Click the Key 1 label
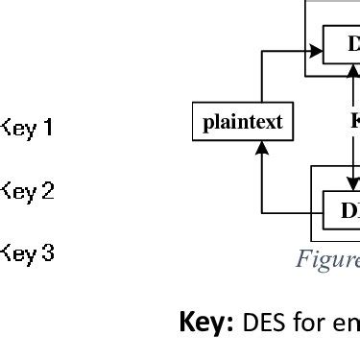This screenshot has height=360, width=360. [x=27, y=127]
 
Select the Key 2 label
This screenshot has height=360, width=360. [x=27, y=191]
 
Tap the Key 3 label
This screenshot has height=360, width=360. [x=27, y=254]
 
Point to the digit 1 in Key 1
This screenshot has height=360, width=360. [x=48, y=127]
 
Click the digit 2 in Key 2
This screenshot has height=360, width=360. [x=48, y=191]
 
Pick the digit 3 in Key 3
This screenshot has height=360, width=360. [x=48, y=254]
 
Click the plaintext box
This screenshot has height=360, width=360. [x=243, y=122]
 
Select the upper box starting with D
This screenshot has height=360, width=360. [x=342, y=44]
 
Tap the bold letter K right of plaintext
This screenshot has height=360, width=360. [x=354, y=121]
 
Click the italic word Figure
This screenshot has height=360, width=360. [x=327, y=259]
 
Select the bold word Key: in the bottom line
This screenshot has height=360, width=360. [x=207, y=322]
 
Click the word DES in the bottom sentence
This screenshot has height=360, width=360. [x=263, y=322]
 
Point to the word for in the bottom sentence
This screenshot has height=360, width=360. [x=309, y=322]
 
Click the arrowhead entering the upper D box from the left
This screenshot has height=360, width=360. [x=316, y=52]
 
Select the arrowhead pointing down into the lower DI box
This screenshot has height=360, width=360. [x=352, y=185]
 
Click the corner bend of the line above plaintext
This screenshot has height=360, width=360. [x=262, y=52]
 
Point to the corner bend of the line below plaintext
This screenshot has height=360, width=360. [x=262, y=212]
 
